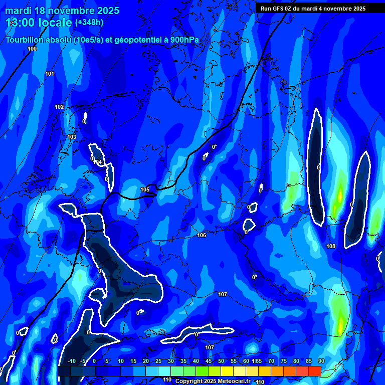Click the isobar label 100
(x=32, y=49)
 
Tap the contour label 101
(x=50, y=74)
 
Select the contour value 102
(x=59, y=107)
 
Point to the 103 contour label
(x=72, y=137)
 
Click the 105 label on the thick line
(x=145, y=189)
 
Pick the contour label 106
(x=202, y=235)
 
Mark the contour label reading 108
(x=331, y=246)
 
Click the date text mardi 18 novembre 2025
(x=62, y=11)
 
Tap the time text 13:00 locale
(x=39, y=23)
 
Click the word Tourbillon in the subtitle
(x=25, y=40)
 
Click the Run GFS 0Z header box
(x=313, y=9)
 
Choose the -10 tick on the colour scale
(x=71, y=361)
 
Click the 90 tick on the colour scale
(x=321, y=361)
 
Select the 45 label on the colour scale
(x=209, y=361)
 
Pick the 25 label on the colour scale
(x=158, y=361)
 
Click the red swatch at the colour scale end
(x=314, y=371)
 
